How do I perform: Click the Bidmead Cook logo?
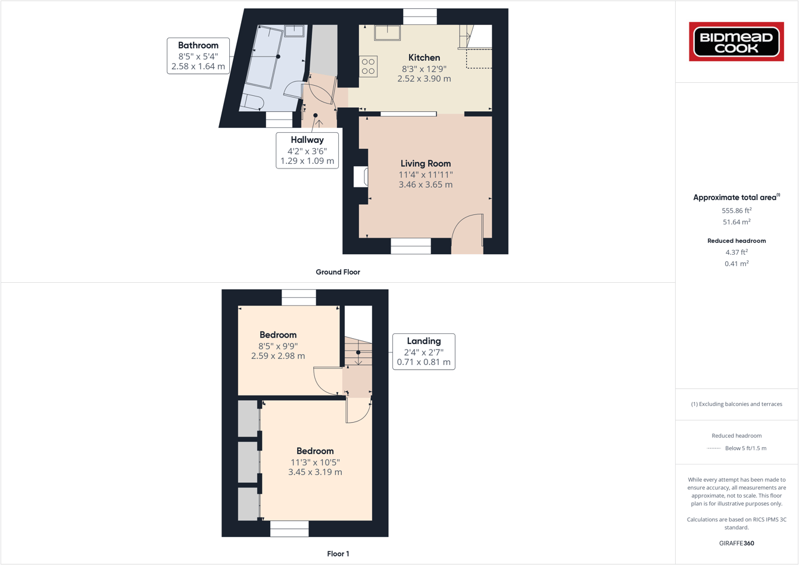click(736, 42)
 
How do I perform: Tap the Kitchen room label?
click(424, 58)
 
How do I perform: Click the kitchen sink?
click(387, 32)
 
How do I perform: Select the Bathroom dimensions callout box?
click(198, 56)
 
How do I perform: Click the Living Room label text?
click(425, 164)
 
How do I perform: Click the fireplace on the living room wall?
click(361, 177)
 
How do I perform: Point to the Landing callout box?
click(423, 351)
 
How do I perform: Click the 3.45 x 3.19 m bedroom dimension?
click(315, 472)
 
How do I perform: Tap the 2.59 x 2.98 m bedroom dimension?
click(278, 356)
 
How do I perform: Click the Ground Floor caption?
click(338, 272)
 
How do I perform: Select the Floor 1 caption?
click(338, 554)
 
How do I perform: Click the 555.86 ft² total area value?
click(736, 211)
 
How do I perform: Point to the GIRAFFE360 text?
click(736, 543)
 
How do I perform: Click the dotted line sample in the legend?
click(713, 448)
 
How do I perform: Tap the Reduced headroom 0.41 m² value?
click(736, 264)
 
